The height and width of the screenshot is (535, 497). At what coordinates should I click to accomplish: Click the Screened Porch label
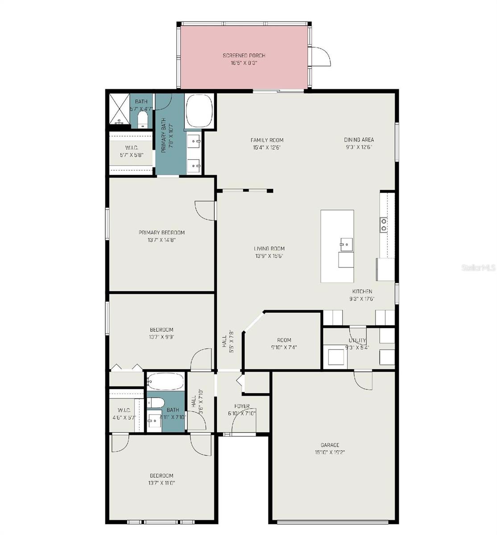244,56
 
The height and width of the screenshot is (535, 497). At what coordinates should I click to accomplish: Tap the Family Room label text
267,140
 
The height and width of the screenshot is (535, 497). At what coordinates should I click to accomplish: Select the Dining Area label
359,140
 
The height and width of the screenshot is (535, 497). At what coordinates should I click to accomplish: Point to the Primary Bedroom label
162,233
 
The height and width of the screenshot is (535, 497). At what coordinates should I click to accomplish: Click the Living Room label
269,249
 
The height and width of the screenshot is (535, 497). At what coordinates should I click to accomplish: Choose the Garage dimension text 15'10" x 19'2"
330,452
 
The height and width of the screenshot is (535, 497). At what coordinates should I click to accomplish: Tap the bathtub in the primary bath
199,110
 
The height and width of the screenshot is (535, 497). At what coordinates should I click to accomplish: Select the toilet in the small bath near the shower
142,119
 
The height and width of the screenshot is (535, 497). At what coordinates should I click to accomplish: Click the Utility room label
357,341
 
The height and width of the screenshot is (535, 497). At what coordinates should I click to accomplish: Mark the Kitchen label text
361,292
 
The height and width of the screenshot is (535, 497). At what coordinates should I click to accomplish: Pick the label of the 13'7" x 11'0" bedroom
162,476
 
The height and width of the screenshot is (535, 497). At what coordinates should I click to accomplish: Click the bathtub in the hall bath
165,381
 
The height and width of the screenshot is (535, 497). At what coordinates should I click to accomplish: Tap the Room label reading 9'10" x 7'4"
284,340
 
